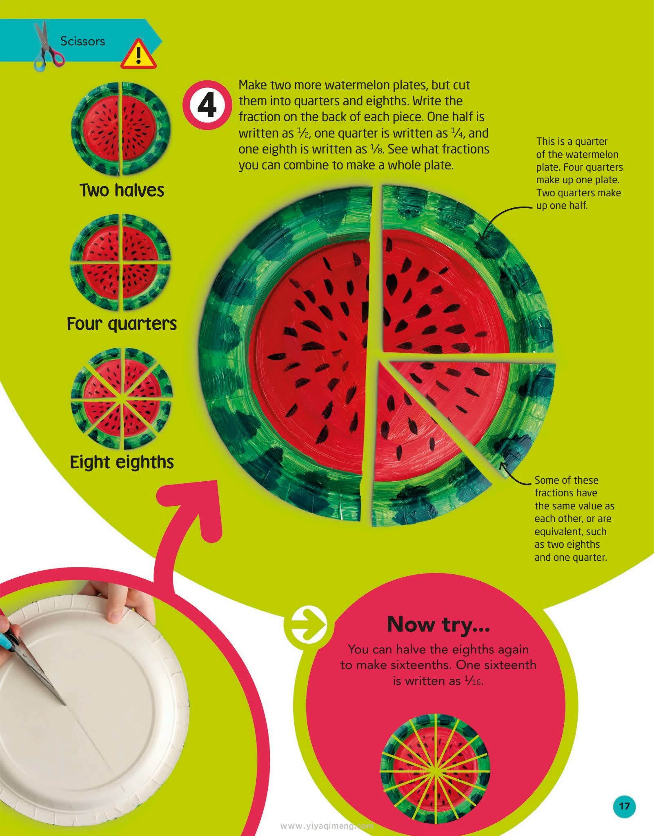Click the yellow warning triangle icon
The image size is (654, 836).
138,55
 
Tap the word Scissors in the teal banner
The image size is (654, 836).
82,41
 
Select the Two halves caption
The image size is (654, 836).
122,190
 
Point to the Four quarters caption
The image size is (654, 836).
122,324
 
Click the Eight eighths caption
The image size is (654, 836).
122,462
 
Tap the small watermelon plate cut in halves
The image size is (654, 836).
121,128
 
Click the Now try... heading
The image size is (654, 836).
438,625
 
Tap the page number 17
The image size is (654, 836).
624,806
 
